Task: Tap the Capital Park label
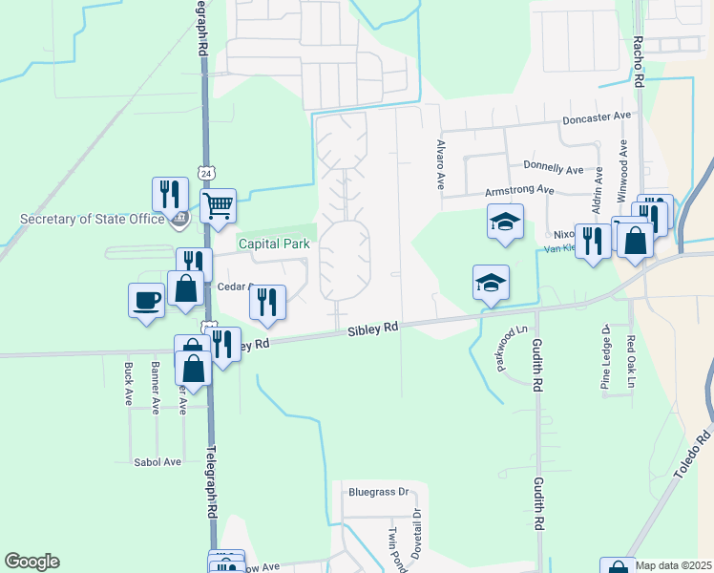click(274, 244)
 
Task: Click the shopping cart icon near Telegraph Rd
click(219, 203)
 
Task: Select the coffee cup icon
click(147, 300)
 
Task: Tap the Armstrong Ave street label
click(519, 190)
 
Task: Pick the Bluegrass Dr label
click(378, 493)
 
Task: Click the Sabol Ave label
click(157, 461)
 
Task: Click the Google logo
click(31, 562)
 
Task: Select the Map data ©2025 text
click(674, 565)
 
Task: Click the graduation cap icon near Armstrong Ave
click(505, 222)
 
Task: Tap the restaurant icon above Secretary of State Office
click(170, 194)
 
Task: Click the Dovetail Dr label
click(417, 535)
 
